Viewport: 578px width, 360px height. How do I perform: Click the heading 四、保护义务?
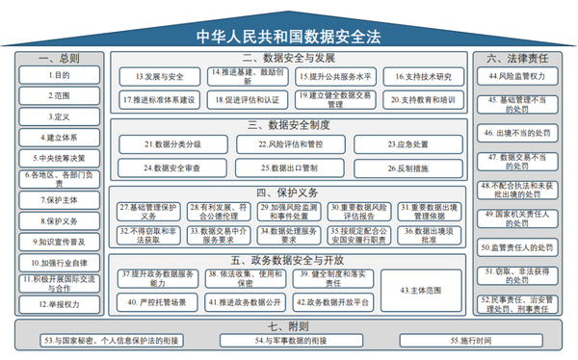[287, 191]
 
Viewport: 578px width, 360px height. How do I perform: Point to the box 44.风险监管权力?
[518, 75]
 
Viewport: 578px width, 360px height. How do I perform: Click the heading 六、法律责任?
[518, 58]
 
